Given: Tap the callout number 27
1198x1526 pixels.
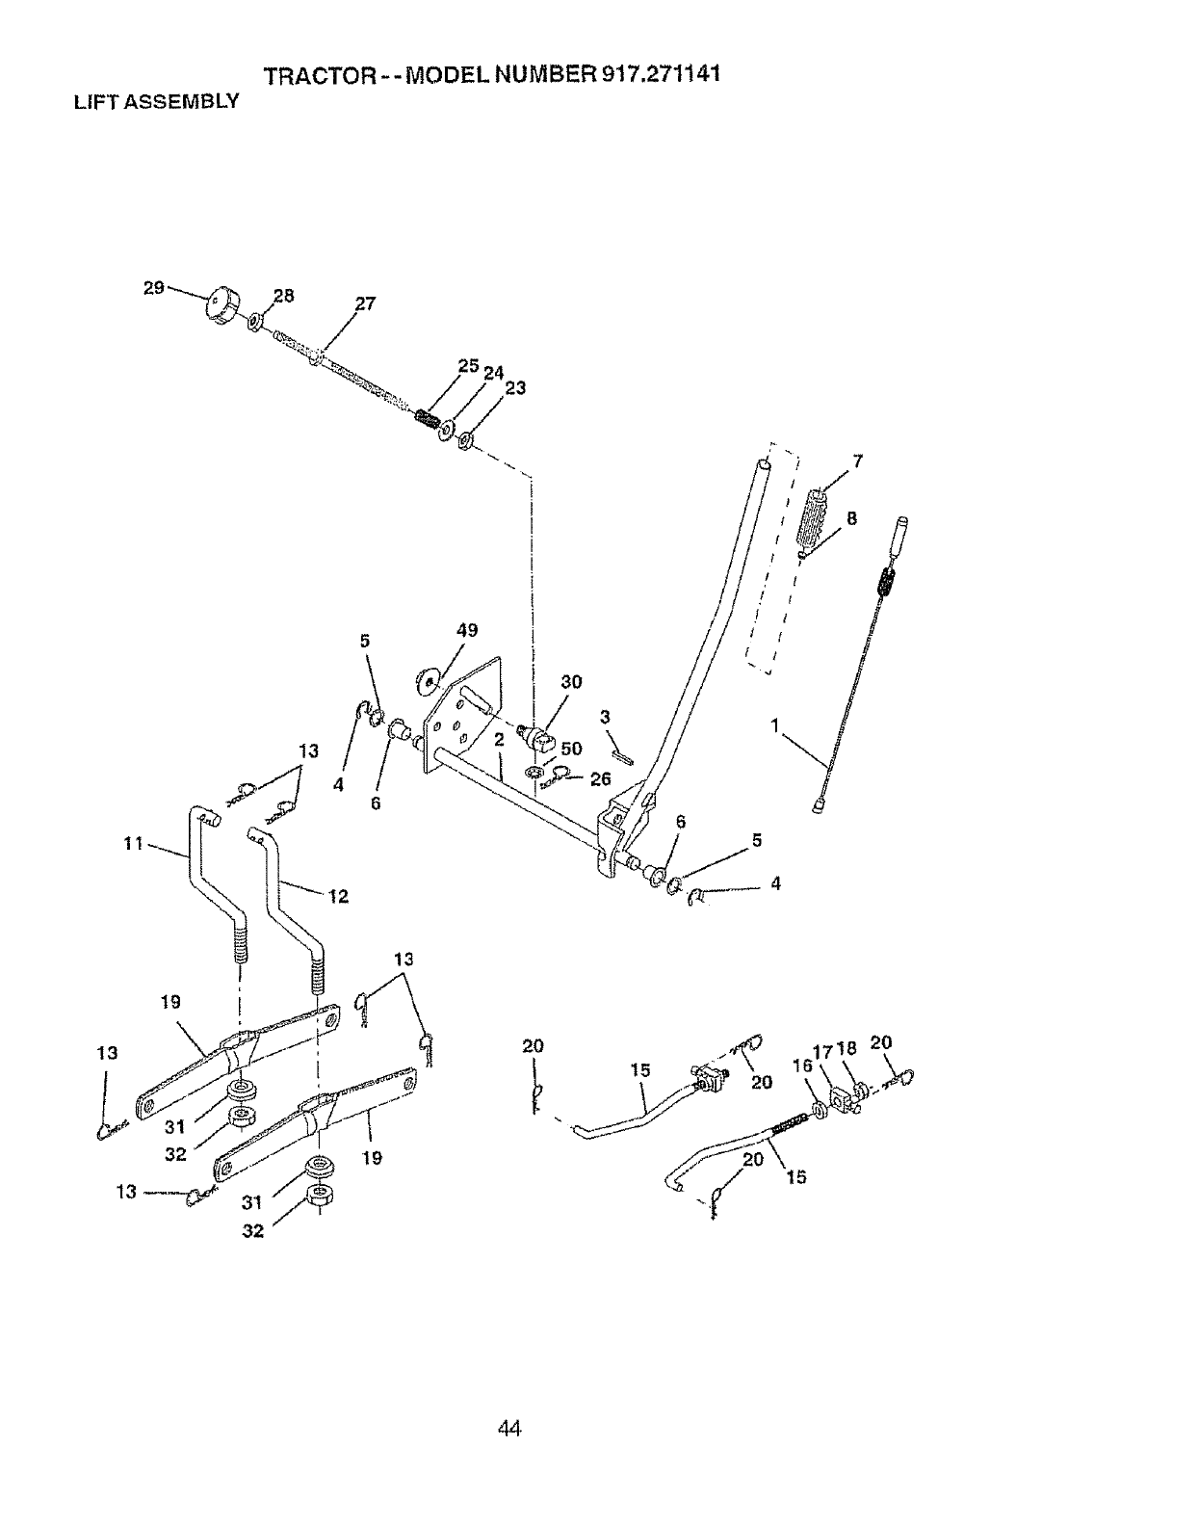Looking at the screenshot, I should click(x=364, y=303).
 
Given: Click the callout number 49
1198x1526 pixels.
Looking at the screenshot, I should click(x=466, y=630).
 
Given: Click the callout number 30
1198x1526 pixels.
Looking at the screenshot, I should click(x=570, y=682).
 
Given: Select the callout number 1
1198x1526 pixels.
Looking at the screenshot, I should click(x=774, y=725).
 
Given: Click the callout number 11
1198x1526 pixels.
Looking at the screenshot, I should click(x=133, y=844).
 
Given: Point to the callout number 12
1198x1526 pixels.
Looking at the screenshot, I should click(x=337, y=896).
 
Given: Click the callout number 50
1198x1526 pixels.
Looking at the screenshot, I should click(x=571, y=749).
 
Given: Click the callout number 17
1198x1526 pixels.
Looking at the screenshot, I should click(x=824, y=1051).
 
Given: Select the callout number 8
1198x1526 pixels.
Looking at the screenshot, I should click(x=850, y=517).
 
